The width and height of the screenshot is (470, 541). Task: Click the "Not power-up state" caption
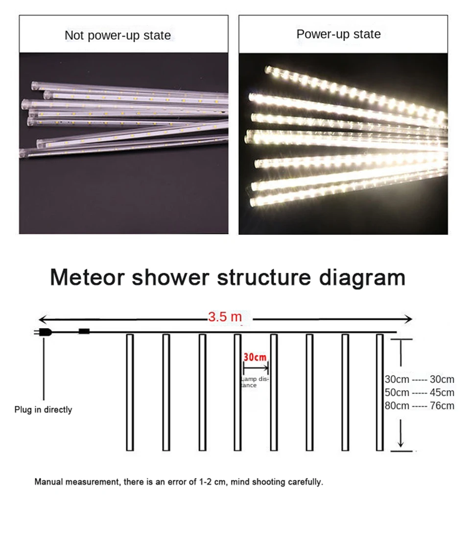[x=118, y=35]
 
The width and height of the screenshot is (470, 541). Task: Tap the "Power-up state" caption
[x=338, y=34]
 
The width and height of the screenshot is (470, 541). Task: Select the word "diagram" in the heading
[x=362, y=277]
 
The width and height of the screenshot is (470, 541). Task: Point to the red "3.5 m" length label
[x=225, y=317]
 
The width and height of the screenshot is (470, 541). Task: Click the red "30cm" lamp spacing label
[x=255, y=357]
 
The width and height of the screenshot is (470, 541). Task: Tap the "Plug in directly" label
[x=43, y=410]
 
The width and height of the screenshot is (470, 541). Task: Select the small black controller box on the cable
[x=84, y=332]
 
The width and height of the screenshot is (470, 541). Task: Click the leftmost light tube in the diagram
[x=130, y=392]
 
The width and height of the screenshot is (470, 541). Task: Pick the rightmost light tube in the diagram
[x=379, y=392]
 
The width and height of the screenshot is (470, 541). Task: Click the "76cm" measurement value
[x=442, y=406]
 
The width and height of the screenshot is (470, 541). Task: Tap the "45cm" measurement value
[x=442, y=392]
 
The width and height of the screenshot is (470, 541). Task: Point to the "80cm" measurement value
[x=397, y=406]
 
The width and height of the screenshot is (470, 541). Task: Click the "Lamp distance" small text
[x=255, y=382]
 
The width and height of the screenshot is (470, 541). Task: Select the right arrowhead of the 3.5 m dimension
[x=408, y=320]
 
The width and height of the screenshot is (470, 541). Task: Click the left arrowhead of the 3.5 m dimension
[x=42, y=320]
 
